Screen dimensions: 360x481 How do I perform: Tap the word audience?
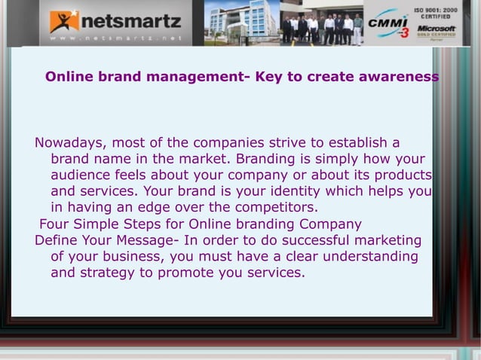(79, 175)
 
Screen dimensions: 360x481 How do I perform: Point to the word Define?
(58, 240)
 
